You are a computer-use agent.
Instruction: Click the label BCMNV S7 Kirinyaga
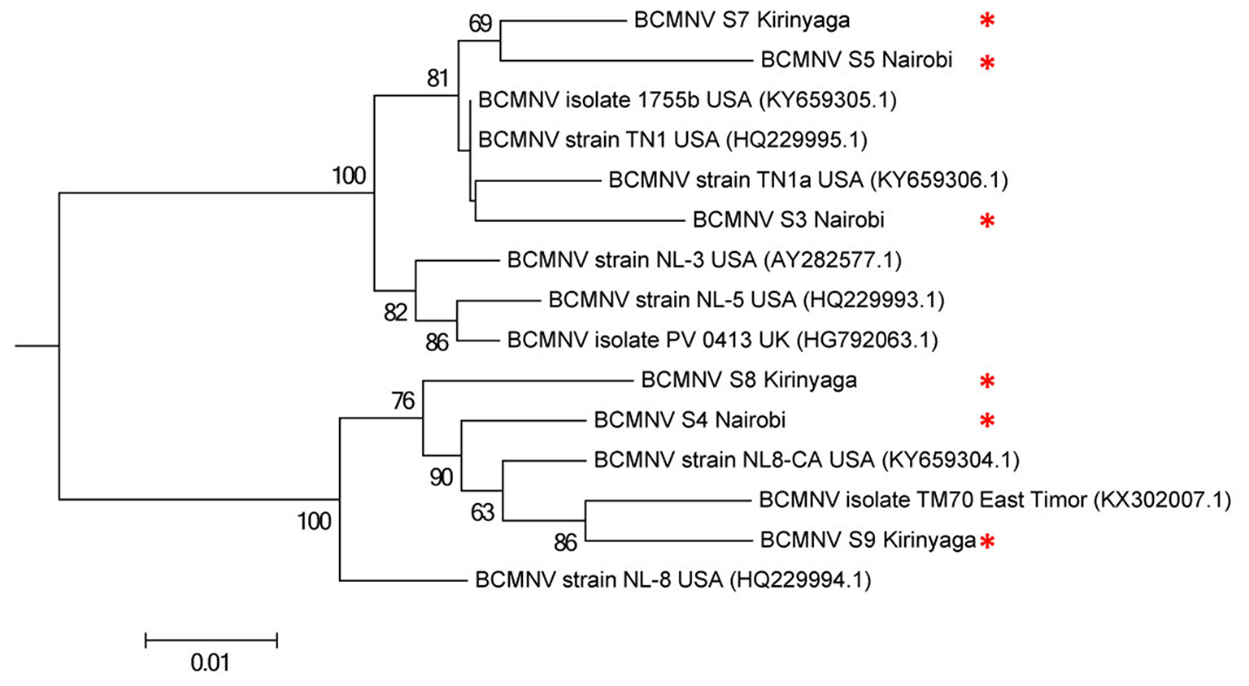(742, 20)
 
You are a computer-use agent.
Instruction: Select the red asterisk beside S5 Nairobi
(987, 62)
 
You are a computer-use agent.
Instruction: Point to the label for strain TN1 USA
(672, 140)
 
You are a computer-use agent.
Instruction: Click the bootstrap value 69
(481, 24)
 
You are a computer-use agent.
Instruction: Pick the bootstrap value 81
(437, 78)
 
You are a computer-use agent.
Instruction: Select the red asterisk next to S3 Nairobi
(987, 220)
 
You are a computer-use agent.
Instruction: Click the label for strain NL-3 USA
(704, 260)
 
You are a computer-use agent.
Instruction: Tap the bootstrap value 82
(395, 312)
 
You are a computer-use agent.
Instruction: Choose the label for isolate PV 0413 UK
(722, 340)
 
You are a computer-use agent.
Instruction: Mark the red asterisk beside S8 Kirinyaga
(987, 380)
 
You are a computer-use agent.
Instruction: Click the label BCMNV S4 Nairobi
(690, 420)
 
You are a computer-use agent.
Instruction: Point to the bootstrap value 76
(403, 401)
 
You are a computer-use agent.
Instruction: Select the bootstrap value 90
(441, 477)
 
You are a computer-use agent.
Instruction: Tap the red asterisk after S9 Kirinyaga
(987, 541)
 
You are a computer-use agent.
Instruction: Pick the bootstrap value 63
(482, 513)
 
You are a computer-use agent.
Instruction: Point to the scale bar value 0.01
(211, 663)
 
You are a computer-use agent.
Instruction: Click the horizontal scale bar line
(211, 640)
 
